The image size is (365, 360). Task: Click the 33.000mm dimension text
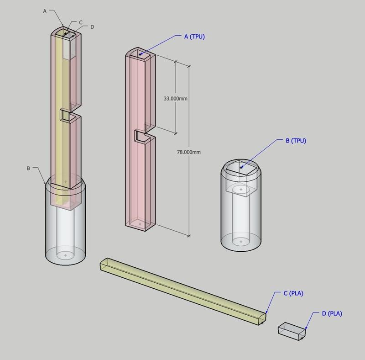[x=176, y=98]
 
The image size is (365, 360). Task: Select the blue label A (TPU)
[x=194, y=37]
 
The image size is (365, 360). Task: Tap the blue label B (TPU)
[x=296, y=141]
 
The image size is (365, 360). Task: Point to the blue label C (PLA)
[x=293, y=293]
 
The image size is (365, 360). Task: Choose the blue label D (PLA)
[x=332, y=313]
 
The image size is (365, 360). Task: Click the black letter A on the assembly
[x=45, y=11]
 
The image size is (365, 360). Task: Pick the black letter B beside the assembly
[x=28, y=169]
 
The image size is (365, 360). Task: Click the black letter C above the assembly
[x=81, y=22]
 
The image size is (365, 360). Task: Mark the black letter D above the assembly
[x=92, y=27]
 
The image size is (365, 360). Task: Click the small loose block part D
[x=292, y=331]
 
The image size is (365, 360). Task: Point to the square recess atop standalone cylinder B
[x=242, y=168]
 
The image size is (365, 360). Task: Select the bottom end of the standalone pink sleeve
[x=141, y=224]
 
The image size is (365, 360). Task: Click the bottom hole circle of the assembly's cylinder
[x=66, y=254]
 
